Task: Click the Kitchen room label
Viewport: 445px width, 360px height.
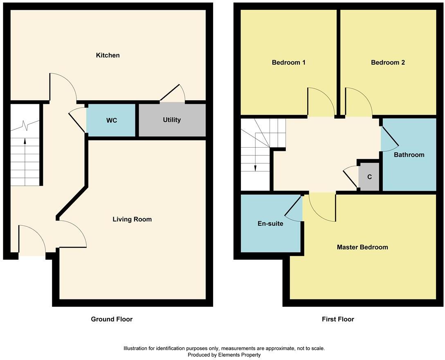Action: [108, 55]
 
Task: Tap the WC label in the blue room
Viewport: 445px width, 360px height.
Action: [112, 120]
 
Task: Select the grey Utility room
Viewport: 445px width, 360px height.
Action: [172, 120]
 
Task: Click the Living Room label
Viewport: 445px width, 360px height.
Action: [132, 219]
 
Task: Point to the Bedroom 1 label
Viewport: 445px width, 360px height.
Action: [288, 63]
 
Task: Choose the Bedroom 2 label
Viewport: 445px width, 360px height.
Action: [388, 63]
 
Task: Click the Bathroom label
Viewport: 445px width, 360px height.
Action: [409, 155]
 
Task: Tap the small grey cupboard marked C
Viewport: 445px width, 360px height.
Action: [369, 177]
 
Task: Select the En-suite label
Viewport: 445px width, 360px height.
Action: [270, 223]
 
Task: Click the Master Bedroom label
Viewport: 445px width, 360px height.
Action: [362, 247]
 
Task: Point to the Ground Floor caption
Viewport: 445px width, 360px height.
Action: [112, 319]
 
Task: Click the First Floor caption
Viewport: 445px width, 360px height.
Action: [338, 319]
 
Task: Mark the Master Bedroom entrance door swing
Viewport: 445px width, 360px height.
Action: [322, 207]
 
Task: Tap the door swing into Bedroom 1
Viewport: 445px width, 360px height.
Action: [320, 102]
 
